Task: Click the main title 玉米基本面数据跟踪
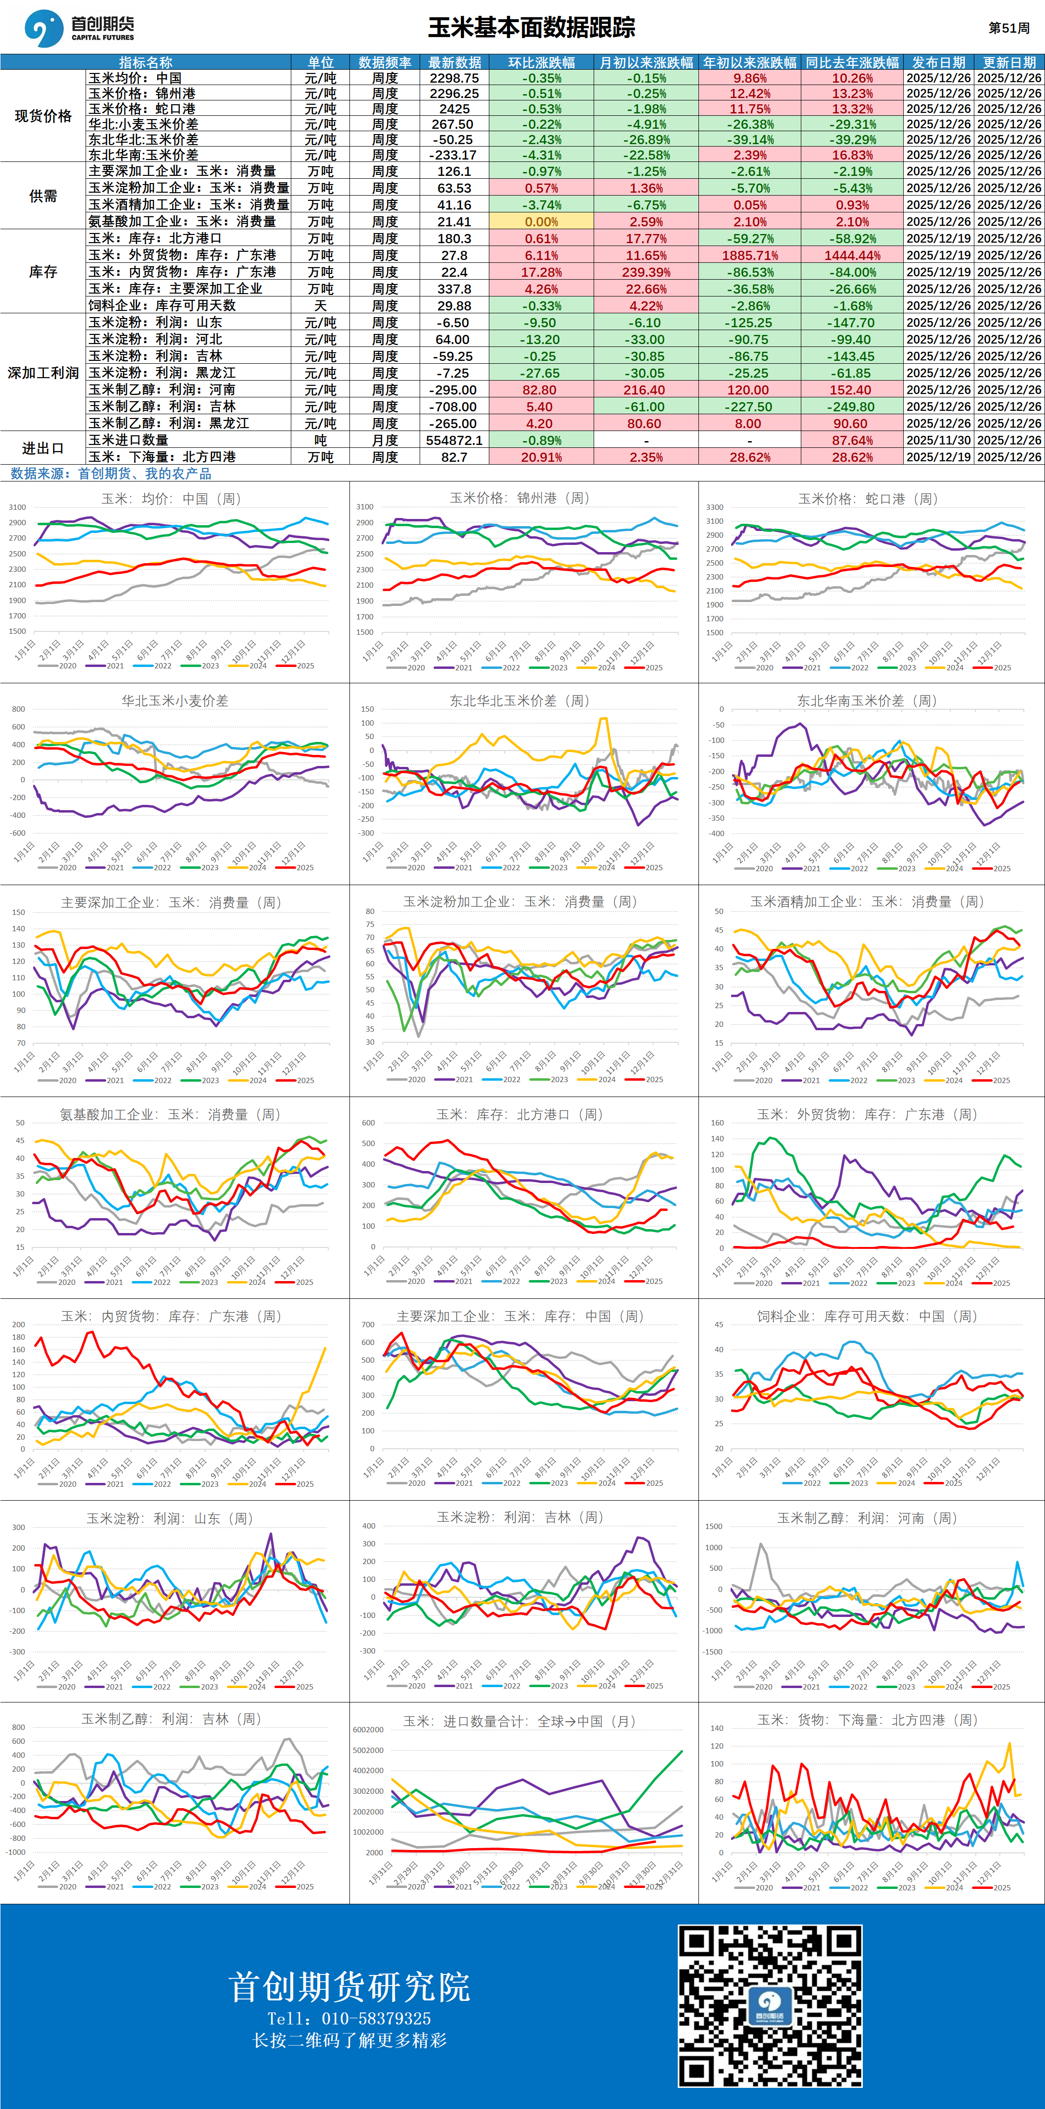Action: click(x=532, y=28)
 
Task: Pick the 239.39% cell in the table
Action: click(x=646, y=272)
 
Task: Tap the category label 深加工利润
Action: click(x=43, y=372)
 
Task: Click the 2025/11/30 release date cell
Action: click(x=939, y=441)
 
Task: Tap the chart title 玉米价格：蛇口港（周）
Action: click(x=867, y=499)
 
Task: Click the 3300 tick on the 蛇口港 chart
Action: click(x=714, y=507)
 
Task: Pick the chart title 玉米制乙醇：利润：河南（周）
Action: click(x=867, y=1518)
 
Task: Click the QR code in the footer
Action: click(x=770, y=2005)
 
